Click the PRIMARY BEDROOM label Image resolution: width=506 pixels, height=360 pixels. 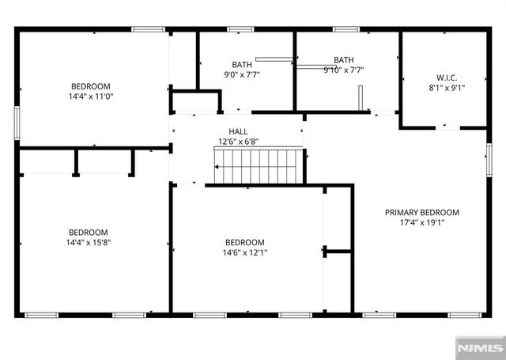tap(421, 212)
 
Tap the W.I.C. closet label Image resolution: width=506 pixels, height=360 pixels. tap(447, 78)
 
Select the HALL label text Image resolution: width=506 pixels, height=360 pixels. tap(238, 131)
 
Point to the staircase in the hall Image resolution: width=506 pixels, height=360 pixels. tap(258, 165)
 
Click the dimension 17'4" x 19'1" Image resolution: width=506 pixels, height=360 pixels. tap(421, 223)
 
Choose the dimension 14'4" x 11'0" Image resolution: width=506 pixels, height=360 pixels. tap(90, 97)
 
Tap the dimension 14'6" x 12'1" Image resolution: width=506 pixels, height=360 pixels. tap(244, 252)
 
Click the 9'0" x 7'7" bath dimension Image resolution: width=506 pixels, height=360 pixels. tap(241, 74)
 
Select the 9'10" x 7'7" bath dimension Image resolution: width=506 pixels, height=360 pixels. tap(344, 70)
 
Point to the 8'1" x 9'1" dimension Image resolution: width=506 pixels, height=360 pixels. tap(447, 88)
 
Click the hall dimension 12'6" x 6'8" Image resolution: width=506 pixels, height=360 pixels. tap(238, 142)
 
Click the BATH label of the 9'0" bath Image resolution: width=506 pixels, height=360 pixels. tap(241, 64)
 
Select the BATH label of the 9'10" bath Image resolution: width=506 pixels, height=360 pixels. tap(344, 59)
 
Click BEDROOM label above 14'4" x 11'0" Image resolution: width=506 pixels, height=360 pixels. tap(90, 86)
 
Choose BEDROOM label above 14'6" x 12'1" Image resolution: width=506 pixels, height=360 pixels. tap(244, 242)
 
